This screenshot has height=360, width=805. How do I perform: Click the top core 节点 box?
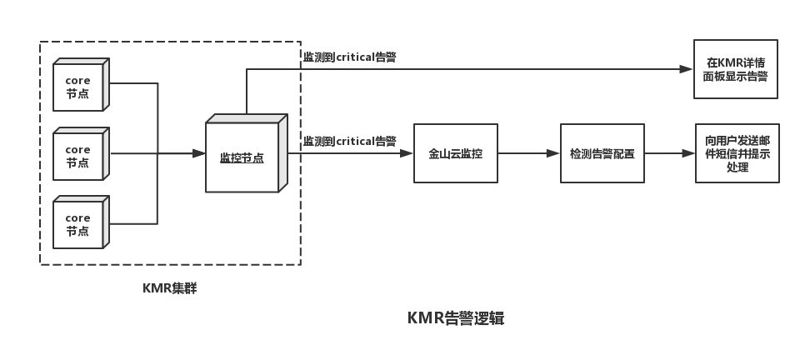78,86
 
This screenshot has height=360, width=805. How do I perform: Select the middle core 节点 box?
78,156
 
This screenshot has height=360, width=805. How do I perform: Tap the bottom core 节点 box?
78,224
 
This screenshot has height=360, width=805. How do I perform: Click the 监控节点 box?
242,157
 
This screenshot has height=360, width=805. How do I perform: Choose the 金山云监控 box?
455,153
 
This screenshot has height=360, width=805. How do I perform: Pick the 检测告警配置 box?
602,153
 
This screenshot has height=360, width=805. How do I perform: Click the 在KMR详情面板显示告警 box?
735,69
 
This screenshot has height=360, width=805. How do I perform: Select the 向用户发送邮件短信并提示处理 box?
737,153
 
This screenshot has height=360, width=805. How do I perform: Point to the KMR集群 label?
169,289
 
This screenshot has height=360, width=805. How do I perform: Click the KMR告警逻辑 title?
455,318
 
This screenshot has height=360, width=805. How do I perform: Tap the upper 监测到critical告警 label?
349,57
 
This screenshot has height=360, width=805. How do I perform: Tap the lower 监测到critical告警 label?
349,141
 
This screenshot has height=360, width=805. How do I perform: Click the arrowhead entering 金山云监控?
407,153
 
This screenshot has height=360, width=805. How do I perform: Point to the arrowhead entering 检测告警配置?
553,153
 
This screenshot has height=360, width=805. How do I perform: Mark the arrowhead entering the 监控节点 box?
199,153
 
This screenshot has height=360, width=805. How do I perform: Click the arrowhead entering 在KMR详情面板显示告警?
687,69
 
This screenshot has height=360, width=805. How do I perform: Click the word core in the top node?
77,79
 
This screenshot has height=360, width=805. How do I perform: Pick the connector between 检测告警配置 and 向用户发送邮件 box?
670,154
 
